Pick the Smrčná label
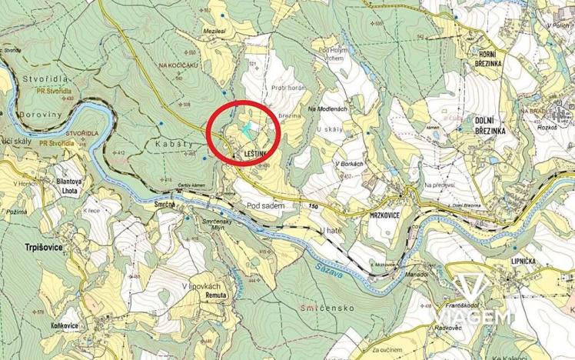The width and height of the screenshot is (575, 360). [165, 205]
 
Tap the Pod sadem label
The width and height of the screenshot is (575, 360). [266, 205]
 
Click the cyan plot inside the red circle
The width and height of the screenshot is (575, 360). [247, 130]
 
